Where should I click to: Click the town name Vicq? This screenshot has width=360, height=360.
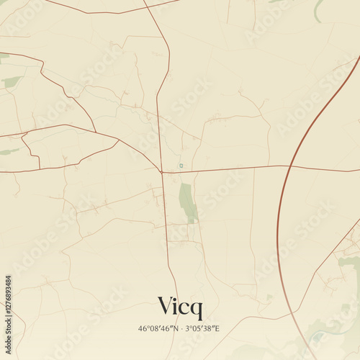coord(180,307)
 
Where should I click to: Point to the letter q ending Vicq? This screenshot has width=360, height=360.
coord(197,310)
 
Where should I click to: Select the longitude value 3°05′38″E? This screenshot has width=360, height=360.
coord(203,329)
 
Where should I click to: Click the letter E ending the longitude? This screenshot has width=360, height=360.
coord(217,329)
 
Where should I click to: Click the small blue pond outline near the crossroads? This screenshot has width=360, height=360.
coord(181,166)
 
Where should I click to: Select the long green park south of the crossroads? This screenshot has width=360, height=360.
coord(187,202)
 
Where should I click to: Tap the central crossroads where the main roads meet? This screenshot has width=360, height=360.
coord(162,172)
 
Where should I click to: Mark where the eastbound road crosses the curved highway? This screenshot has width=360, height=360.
coord(287,167)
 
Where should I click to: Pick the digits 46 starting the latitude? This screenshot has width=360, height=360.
coord(142,329)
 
